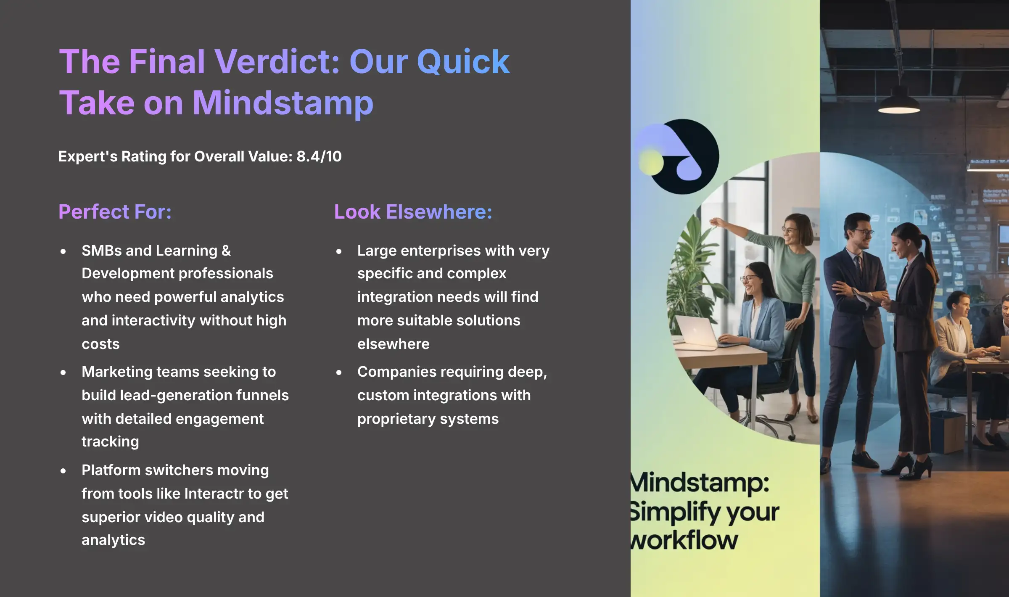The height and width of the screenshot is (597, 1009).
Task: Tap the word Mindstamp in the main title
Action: point(283,103)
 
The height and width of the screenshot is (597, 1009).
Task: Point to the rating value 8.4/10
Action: point(319,156)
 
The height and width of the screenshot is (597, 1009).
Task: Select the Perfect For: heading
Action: point(115,211)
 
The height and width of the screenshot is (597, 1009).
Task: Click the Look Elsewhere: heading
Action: point(413,211)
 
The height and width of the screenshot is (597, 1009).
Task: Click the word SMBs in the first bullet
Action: point(101,251)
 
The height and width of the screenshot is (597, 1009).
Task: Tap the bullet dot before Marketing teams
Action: point(63,372)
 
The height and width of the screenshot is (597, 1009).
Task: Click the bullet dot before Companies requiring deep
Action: point(339,372)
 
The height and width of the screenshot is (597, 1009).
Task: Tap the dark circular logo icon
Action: point(683,156)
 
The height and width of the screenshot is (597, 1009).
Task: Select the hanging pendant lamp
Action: point(899,103)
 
